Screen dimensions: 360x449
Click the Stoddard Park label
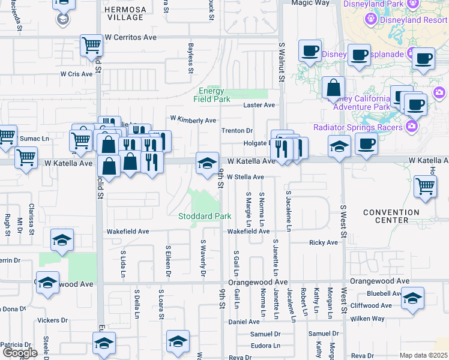pyautogui.click(x=205, y=216)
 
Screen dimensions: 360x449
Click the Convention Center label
pyautogui.click(x=391, y=216)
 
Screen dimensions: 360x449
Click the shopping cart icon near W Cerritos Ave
pyautogui.click(x=91, y=45)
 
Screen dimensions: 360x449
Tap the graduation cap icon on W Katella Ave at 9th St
pyautogui.click(x=207, y=163)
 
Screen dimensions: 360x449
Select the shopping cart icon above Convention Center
pyautogui.click(x=425, y=186)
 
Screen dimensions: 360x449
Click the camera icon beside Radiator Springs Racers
pyautogui.click(x=412, y=126)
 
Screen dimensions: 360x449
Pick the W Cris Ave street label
pyautogui.click(x=76, y=74)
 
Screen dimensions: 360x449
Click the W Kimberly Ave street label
pyautogui.click(x=193, y=120)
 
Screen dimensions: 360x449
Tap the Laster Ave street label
pyautogui.click(x=259, y=105)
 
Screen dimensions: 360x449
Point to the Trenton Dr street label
pyautogui.click(x=238, y=131)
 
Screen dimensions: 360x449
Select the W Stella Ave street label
pyautogui.click(x=246, y=177)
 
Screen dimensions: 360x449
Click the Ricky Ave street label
pyautogui.click(x=324, y=242)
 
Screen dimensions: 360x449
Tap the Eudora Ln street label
pyautogui.click(x=265, y=346)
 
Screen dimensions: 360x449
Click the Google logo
pyautogui.click(x=20, y=353)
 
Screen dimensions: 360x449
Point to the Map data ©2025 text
pyautogui.click(x=423, y=355)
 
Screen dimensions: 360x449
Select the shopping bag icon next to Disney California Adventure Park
pyautogui.click(x=333, y=88)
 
